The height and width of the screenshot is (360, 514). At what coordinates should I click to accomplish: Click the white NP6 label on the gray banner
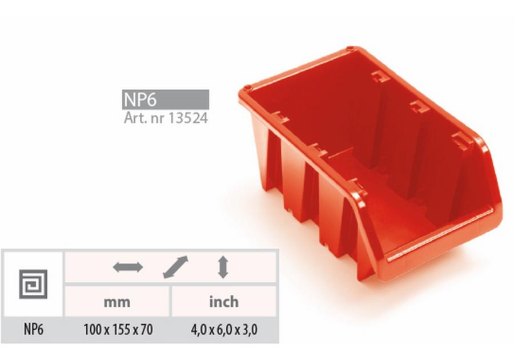point(140,99)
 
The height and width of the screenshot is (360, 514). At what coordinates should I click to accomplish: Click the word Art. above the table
point(135,118)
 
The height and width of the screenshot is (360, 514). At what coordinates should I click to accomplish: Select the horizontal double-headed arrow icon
point(128,267)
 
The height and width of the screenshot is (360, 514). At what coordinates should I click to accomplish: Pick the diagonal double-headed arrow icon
point(176,267)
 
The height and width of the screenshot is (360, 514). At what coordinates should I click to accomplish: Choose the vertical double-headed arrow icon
point(223,267)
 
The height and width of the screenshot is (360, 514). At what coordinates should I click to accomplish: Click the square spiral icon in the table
point(33,284)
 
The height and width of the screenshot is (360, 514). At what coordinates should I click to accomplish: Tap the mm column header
point(117,302)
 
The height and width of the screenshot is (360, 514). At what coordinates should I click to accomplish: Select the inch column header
point(224,301)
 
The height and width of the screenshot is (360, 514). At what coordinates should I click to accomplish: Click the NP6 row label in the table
point(34,329)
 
